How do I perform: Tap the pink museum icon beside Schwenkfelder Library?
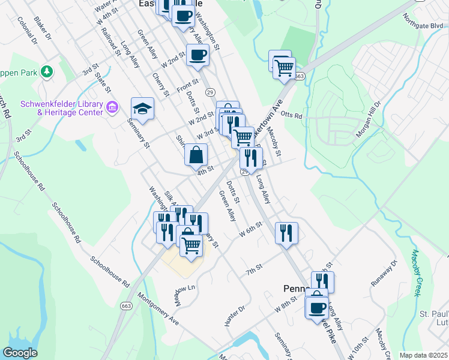point(112,107)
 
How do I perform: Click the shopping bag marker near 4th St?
point(196,155)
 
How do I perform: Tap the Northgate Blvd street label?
point(423,26)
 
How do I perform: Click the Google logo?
point(20,352)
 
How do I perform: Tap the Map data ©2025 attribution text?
point(423,355)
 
